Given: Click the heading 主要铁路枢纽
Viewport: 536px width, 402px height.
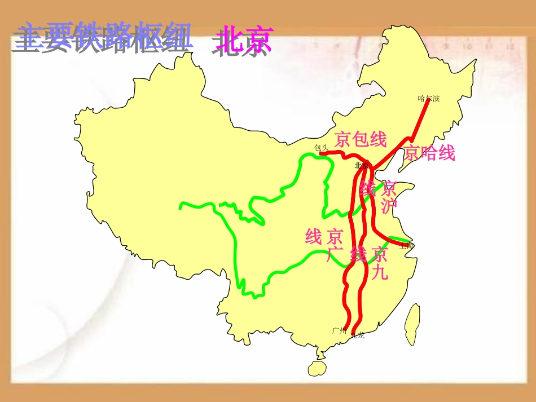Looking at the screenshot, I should point(102,38).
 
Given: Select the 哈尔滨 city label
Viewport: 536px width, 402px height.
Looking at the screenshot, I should point(428,99).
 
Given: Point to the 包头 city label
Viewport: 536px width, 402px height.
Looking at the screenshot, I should point(322,148).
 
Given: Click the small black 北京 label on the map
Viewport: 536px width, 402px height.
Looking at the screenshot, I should point(361,166).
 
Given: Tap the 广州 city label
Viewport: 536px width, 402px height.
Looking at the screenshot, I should point(339,330).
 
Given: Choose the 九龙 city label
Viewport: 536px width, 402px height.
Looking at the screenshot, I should point(358,335).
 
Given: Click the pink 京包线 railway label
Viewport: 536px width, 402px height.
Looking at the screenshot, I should point(361,138).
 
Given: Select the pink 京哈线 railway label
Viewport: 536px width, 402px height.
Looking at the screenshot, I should point(429,152).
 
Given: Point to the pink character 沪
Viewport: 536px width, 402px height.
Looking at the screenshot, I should point(389,206).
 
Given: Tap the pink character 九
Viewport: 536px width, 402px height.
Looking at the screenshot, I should point(380,273).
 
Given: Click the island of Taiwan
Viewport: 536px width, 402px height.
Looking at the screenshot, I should point(412,324).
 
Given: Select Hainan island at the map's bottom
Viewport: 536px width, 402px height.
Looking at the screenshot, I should point(318,368).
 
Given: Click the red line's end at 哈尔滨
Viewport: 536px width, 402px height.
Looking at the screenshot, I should point(428,101).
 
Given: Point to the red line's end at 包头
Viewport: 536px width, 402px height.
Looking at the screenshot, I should point(321,153).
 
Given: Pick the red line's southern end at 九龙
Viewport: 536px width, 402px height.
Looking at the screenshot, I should point(353,333).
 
